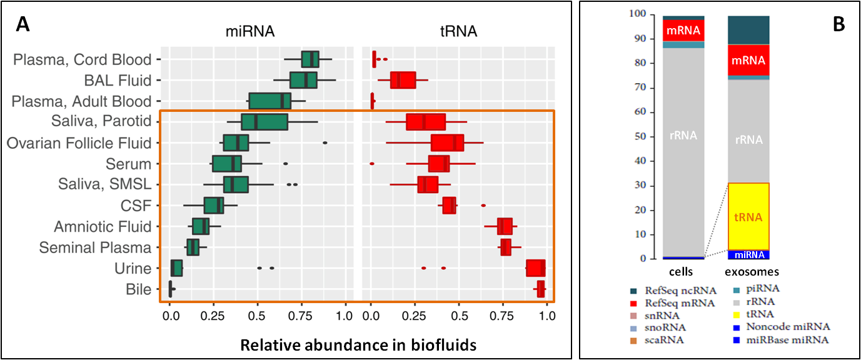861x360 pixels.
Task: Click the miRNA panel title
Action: pyautogui.click(x=249, y=31)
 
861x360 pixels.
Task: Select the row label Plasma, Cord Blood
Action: pyautogui.click(x=83, y=60)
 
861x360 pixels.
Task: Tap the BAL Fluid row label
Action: pyautogui.click(x=118, y=81)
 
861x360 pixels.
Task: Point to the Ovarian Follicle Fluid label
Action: pyautogui.click(x=79, y=143)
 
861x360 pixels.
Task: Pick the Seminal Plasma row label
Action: pyautogui.click(x=95, y=247)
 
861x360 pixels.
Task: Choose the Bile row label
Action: pyautogui.click(x=139, y=289)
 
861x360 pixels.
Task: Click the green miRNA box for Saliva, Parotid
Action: pyautogui.click(x=264, y=122)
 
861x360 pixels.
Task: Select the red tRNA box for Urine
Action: pyautogui.click(x=536, y=268)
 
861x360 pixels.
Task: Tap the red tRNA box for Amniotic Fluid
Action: pyautogui.click(x=505, y=226)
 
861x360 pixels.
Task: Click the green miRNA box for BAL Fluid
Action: pyautogui.click(x=303, y=81)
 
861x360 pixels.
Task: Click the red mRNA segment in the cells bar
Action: pyautogui.click(x=683, y=30)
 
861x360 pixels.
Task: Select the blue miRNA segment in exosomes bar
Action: pyautogui.click(x=748, y=255)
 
